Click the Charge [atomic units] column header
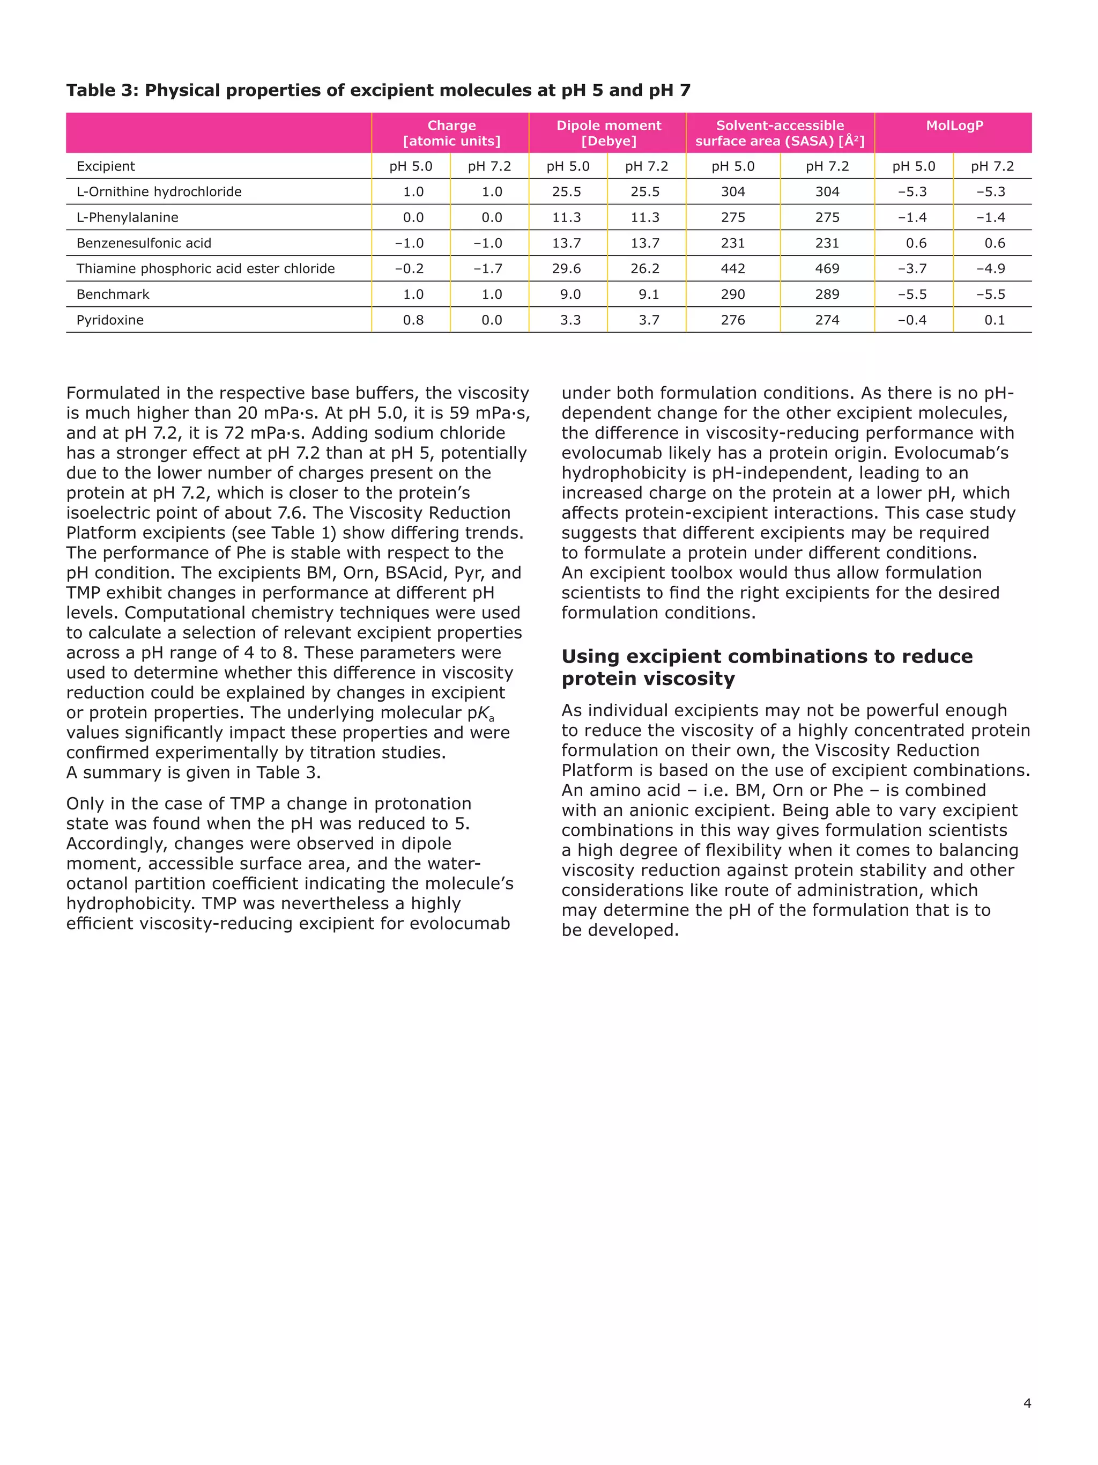[x=451, y=133]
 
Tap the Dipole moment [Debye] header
[x=608, y=133]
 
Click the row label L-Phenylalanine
[x=127, y=217]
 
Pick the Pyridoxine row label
[x=110, y=320]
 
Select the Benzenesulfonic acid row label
[x=144, y=243]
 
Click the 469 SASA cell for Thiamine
[x=827, y=269]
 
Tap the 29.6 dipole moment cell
[x=567, y=269]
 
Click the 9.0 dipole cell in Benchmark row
[x=570, y=294]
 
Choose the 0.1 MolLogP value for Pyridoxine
[x=994, y=320]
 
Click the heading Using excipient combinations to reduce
[x=767, y=657]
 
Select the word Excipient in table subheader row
[x=105, y=166]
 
